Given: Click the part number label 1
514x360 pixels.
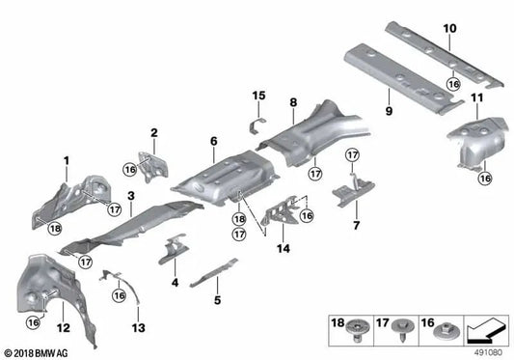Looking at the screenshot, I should click(x=67, y=159).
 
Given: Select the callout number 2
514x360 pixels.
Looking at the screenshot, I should click(x=153, y=132).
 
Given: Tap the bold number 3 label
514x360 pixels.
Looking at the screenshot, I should click(x=130, y=196).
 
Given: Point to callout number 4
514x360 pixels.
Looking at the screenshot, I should click(x=175, y=283).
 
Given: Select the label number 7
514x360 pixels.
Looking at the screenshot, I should click(x=355, y=225).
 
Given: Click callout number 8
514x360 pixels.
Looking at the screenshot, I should click(x=292, y=100).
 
